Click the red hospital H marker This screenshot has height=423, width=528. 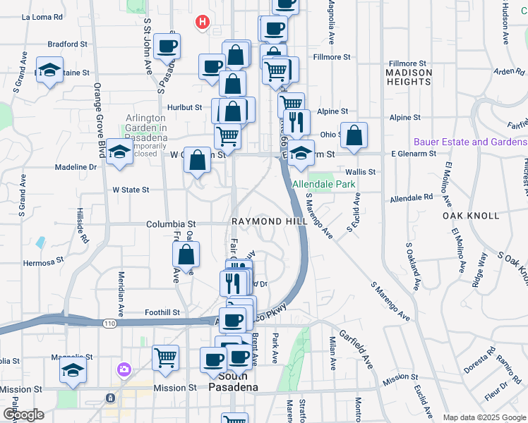pyautogui.click(x=203, y=23)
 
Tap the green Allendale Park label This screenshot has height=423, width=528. pyautogui.click(x=325, y=185)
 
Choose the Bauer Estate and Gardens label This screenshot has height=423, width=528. pyautogui.click(x=470, y=142)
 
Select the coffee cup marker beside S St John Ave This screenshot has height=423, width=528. pyautogui.click(x=167, y=47)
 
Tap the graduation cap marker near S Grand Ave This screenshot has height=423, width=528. pyautogui.click(x=49, y=70)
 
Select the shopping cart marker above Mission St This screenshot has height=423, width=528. pyautogui.click(x=166, y=357)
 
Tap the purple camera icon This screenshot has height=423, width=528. pyautogui.click(x=124, y=369)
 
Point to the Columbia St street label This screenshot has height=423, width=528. pyautogui.click(x=170, y=224)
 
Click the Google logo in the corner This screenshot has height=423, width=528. pyautogui.click(x=23, y=415)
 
